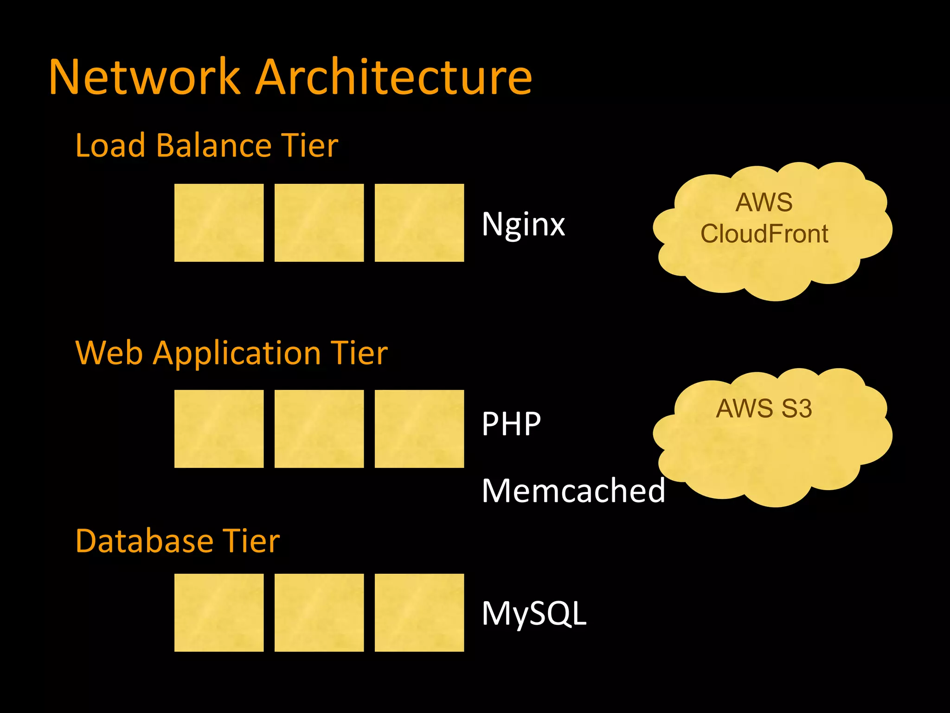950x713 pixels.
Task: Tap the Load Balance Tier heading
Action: pyautogui.click(x=206, y=146)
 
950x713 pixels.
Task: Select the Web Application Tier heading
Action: pyautogui.click(x=231, y=353)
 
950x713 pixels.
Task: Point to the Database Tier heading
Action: pyautogui.click(x=177, y=541)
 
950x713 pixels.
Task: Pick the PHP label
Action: pyautogui.click(x=511, y=424)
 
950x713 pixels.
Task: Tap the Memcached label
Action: pyautogui.click(x=573, y=491)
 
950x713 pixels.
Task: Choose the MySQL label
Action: pyautogui.click(x=534, y=614)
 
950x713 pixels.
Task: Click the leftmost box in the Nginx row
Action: pyautogui.click(x=219, y=223)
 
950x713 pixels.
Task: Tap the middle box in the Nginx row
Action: pyautogui.click(x=319, y=223)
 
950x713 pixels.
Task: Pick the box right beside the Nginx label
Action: pyautogui.click(x=419, y=223)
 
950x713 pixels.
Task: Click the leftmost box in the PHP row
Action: pyautogui.click(x=219, y=428)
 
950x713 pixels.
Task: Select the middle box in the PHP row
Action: pyautogui.click(x=319, y=428)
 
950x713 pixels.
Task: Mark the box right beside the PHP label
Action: pyautogui.click(x=419, y=428)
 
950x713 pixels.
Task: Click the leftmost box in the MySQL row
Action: pyautogui.click(x=219, y=612)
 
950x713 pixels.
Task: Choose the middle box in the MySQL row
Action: pyautogui.click(x=319, y=612)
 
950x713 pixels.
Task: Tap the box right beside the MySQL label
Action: pyautogui.click(x=419, y=612)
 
